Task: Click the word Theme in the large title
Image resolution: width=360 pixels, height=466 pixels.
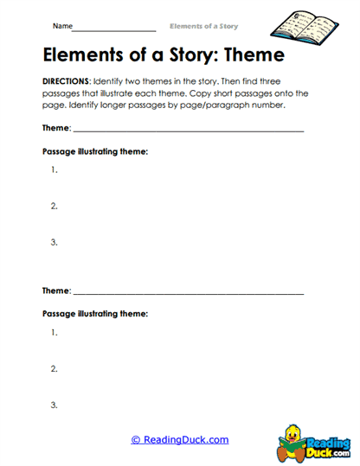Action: coord(241,55)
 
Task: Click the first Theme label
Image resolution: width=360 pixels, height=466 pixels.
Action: coord(56,128)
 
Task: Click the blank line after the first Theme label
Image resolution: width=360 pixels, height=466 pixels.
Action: coord(189,131)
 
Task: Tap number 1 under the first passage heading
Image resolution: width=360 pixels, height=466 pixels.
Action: coord(55,169)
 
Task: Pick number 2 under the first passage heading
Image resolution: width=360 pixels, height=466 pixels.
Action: coord(55,206)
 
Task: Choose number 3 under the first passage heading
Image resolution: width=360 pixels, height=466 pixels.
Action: coord(55,242)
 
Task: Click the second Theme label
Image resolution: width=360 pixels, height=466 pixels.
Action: coord(56,291)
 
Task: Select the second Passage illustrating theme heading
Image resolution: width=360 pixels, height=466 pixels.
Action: coord(95,314)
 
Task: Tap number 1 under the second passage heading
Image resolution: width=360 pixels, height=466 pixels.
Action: coord(55,333)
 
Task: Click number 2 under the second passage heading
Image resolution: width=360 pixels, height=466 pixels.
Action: coord(55,369)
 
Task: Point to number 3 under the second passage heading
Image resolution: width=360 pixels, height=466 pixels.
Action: coord(55,405)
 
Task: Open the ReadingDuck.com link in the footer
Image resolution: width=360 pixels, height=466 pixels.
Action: coord(180,439)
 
